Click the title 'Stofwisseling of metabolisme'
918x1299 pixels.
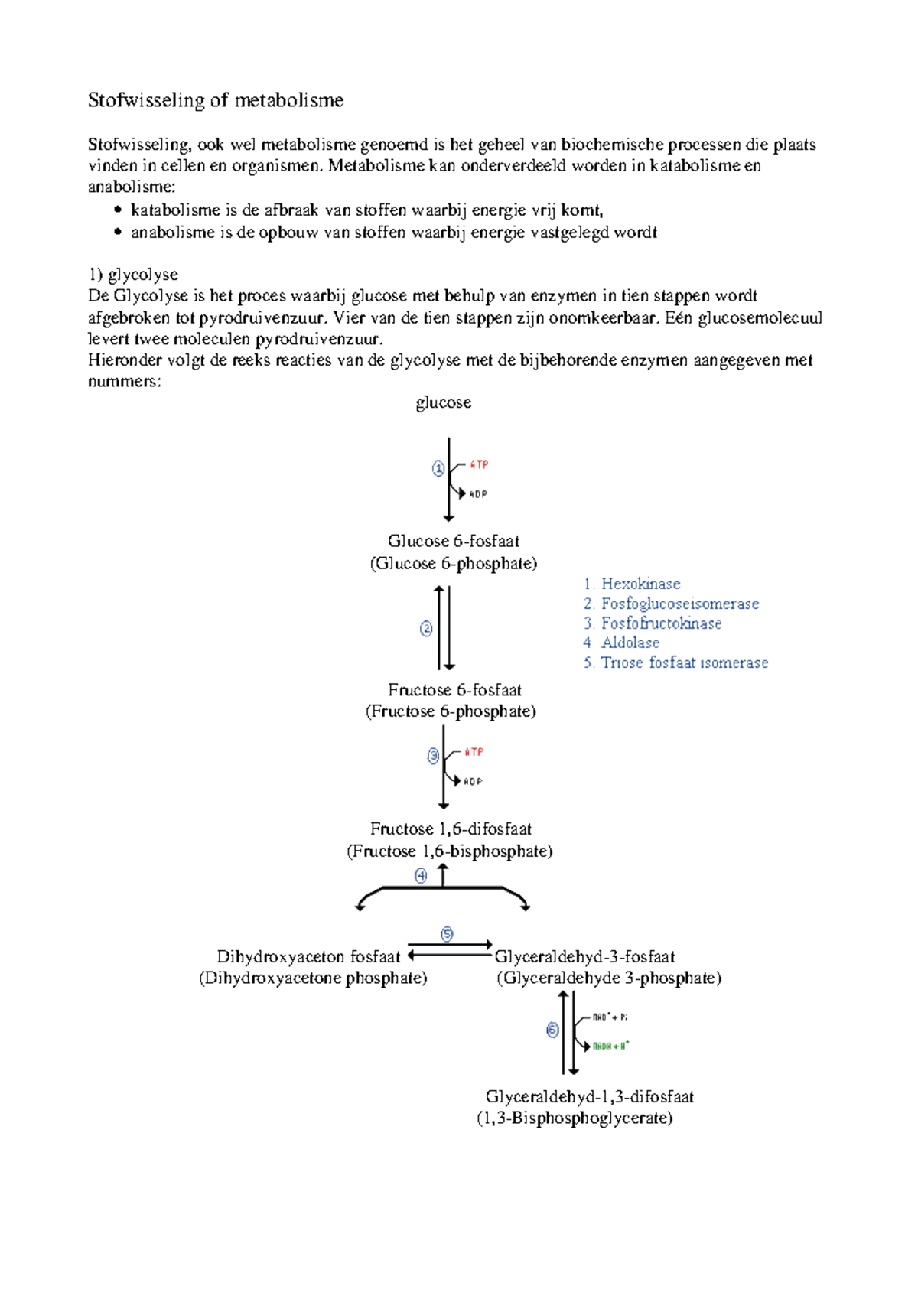pyautogui.click(x=216, y=100)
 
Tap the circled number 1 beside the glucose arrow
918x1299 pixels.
pyautogui.click(x=438, y=468)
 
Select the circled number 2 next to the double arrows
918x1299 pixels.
pyautogui.click(x=426, y=629)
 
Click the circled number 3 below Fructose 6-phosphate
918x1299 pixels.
pyautogui.click(x=433, y=756)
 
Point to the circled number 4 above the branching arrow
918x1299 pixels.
pyautogui.click(x=421, y=875)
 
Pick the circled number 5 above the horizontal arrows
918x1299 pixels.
pyautogui.click(x=447, y=933)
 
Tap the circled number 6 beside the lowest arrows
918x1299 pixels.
pyautogui.click(x=552, y=1030)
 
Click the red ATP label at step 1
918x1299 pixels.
pyautogui.click(x=479, y=464)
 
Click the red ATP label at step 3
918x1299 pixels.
pyautogui.click(x=474, y=752)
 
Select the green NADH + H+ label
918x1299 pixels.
pyautogui.click(x=610, y=1046)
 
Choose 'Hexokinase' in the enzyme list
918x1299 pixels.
pyautogui.click(x=640, y=584)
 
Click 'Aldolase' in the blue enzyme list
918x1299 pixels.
pyautogui.click(x=630, y=643)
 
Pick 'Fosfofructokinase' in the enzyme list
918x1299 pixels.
pyautogui.click(x=661, y=623)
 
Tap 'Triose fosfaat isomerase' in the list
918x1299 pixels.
pyautogui.click(x=684, y=663)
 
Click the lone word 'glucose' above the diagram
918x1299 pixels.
pyautogui.click(x=443, y=402)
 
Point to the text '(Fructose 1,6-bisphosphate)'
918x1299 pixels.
pyautogui.click(x=449, y=851)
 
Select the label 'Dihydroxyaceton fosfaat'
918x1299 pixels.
pyautogui.click(x=308, y=956)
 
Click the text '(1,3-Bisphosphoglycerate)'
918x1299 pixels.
pyautogui.click(x=575, y=1118)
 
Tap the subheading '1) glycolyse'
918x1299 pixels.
pyautogui.click(x=133, y=275)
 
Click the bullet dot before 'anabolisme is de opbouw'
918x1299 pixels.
pyautogui.click(x=118, y=232)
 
